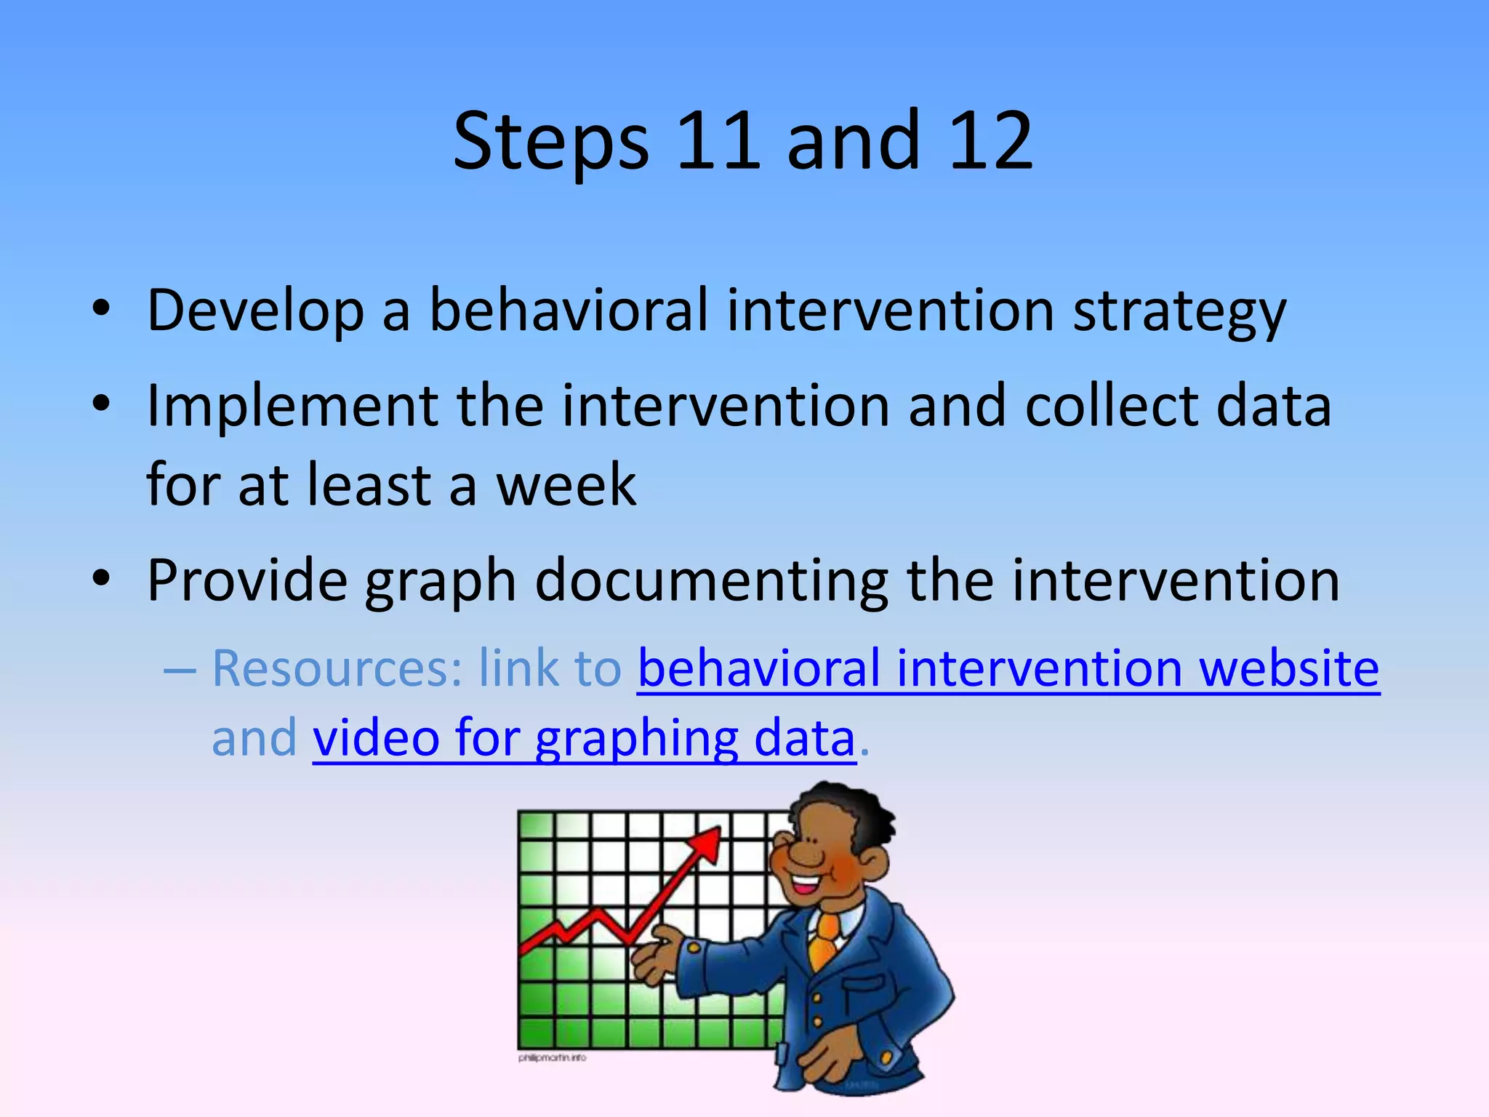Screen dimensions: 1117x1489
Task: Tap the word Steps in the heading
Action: (x=550, y=142)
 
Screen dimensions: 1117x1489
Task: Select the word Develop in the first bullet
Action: (x=255, y=311)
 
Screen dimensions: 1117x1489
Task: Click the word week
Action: (x=566, y=485)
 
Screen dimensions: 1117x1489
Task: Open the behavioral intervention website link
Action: (x=1008, y=668)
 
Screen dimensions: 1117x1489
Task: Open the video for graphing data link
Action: (x=584, y=739)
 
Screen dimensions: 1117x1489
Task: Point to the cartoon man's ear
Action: (x=872, y=865)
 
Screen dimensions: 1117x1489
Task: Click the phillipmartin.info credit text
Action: (x=552, y=1057)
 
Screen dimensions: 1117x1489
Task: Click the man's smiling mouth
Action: (x=806, y=885)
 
